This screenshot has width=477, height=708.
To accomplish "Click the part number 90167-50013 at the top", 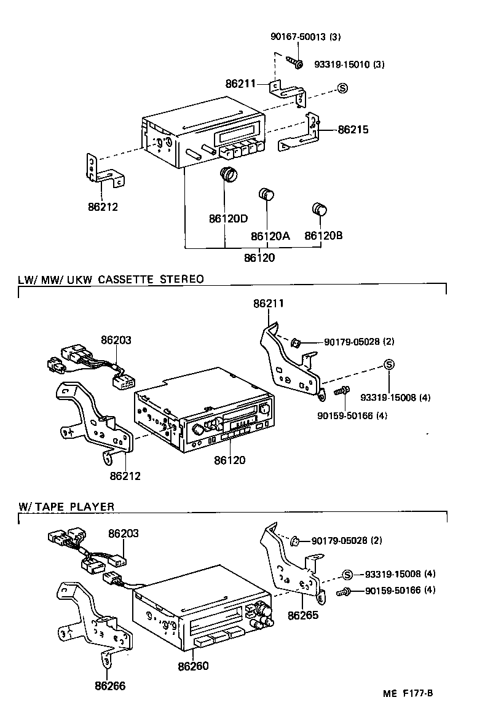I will tap(305, 37).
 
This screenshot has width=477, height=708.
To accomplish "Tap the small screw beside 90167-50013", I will tap(294, 62).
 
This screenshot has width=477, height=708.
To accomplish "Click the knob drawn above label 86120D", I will tap(229, 175).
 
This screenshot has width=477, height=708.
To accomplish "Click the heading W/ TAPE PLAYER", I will tap(66, 506).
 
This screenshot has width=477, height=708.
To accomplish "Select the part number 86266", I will tap(110, 685).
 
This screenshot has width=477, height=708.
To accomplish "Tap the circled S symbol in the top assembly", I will tap(343, 88).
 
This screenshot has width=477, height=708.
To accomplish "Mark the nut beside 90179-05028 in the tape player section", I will tap(294, 541).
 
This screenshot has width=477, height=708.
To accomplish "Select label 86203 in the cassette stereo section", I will tap(116, 339).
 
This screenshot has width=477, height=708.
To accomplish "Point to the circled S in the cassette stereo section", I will tap(389, 364).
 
